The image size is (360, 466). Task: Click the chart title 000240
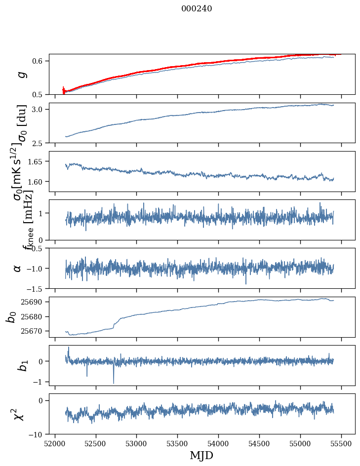[197, 8]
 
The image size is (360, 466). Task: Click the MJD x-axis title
[201, 455]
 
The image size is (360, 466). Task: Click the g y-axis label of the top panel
[20, 74]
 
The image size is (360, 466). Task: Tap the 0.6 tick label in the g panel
[39, 61]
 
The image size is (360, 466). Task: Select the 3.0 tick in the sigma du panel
[39, 109]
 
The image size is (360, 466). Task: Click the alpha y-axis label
[17, 268]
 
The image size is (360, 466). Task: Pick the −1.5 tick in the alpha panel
[36, 288]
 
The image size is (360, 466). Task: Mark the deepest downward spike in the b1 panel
[114, 383]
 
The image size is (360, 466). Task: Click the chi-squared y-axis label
[18, 414]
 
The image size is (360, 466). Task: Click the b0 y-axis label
[11, 317]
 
